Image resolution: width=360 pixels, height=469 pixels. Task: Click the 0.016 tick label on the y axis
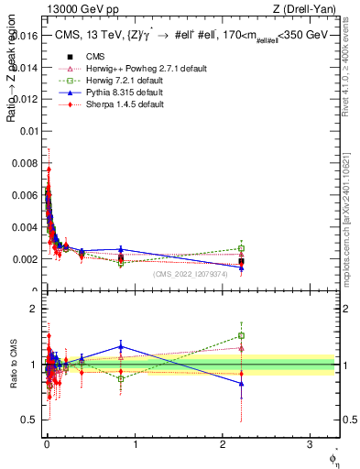(25, 35)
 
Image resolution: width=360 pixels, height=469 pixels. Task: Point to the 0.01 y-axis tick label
(29, 131)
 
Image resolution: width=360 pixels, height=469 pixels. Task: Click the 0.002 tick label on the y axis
(25, 259)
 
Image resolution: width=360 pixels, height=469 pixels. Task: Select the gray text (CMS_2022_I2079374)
(198, 275)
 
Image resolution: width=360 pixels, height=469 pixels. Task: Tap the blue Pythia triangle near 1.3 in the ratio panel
(121, 346)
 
